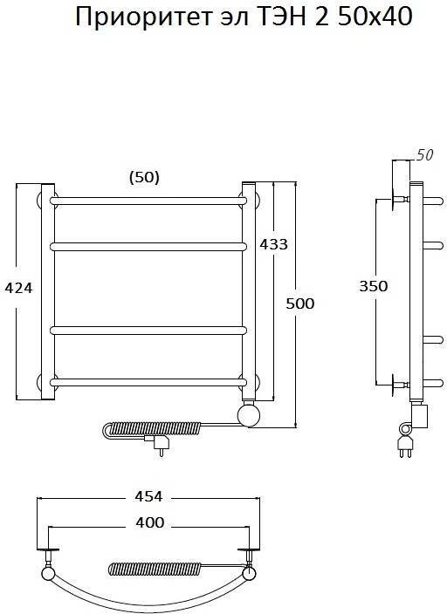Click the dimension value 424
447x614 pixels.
click(x=18, y=288)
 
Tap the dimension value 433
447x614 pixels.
click(x=273, y=244)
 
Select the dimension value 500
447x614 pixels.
click(x=300, y=304)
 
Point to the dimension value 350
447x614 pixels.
click(x=374, y=286)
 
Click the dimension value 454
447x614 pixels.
click(x=148, y=496)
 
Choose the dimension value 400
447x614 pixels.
click(x=150, y=522)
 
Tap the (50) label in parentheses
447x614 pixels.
click(x=144, y=178)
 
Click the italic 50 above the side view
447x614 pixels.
click(x=424, y=155)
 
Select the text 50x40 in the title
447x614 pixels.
click(x=375, y=17)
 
